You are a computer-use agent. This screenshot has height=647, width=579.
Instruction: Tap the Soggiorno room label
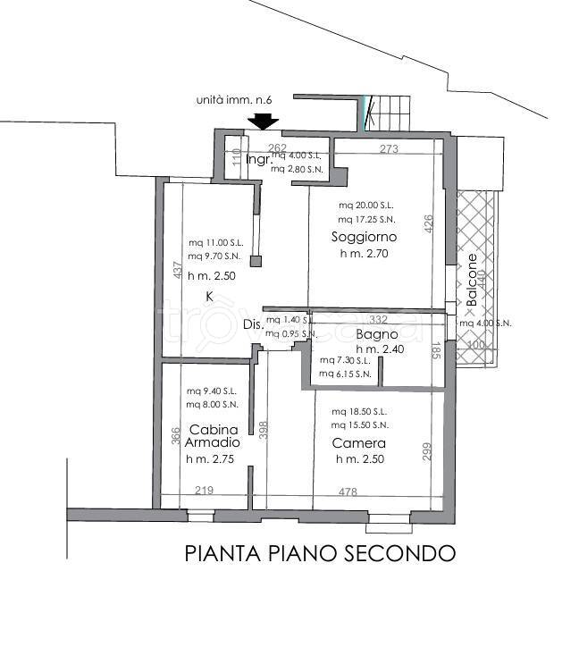(x=363, y=238)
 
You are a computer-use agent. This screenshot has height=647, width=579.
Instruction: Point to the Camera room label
(x=358, y=443)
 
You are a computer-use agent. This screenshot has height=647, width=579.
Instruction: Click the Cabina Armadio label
(x=214, y=436)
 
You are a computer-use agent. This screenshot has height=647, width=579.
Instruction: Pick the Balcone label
(x=471, y=280)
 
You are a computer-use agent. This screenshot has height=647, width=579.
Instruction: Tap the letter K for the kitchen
(x=209, y=296)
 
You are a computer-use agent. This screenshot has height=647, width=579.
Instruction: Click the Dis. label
(x=253, y=325)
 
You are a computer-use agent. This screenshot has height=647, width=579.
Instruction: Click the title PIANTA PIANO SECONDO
(x=320, y=554)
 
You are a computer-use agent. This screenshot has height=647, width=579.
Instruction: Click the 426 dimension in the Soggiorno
(x=428, y=223)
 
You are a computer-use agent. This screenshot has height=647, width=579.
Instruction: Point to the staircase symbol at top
(x=386, y=113)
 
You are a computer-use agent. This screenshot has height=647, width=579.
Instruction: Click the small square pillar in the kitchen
(x=256, y=262)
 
